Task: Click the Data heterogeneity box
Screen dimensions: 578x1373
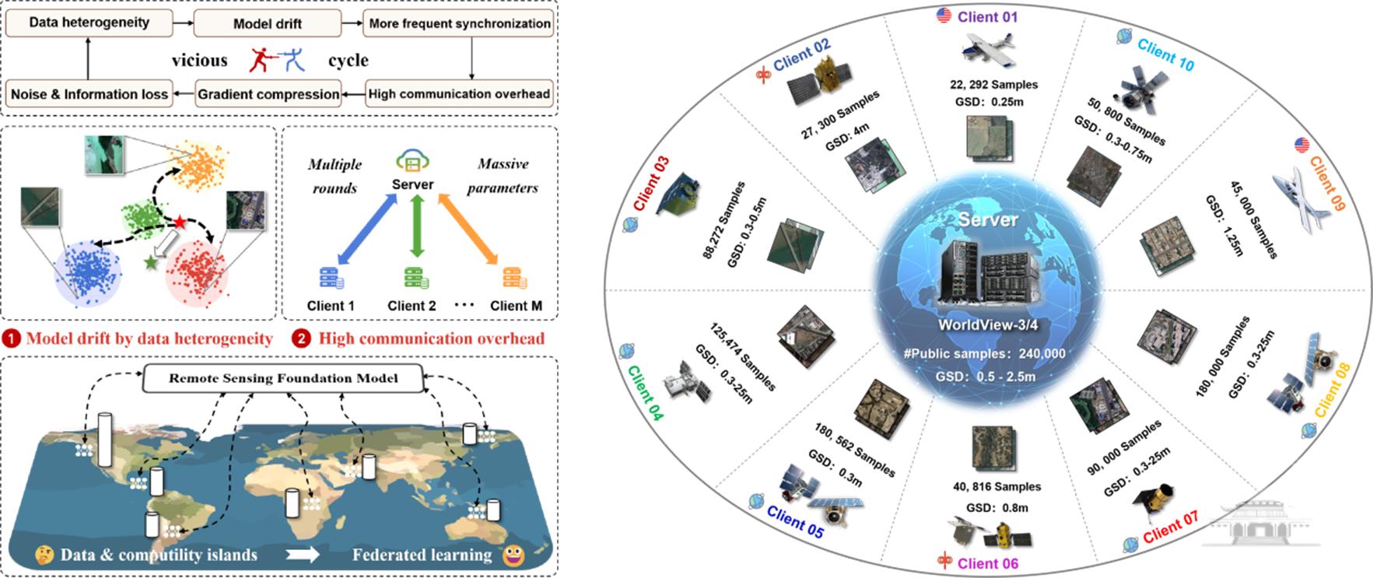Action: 89,23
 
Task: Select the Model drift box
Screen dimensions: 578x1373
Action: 267,23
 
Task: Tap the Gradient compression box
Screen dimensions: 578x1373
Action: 268,94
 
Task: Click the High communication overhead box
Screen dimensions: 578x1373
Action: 459,94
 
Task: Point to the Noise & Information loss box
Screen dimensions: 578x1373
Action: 89,94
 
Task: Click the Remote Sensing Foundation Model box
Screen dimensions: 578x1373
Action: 283,379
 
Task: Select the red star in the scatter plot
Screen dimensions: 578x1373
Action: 180,223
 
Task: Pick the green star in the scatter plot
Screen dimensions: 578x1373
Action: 150,263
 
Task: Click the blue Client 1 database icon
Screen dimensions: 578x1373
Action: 331,278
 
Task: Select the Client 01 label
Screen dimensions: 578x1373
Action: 987,17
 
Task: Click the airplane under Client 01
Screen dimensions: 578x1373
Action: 987,49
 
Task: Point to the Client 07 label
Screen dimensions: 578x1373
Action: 1170,527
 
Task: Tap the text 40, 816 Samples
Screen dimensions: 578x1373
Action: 996,487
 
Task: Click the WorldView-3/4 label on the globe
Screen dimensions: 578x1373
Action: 988,325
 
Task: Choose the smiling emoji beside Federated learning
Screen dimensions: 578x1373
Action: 513,555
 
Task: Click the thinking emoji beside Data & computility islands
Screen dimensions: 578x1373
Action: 44,555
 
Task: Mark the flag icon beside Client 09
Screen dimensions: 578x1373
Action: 1301,145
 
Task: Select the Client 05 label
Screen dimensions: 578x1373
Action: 794,521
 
